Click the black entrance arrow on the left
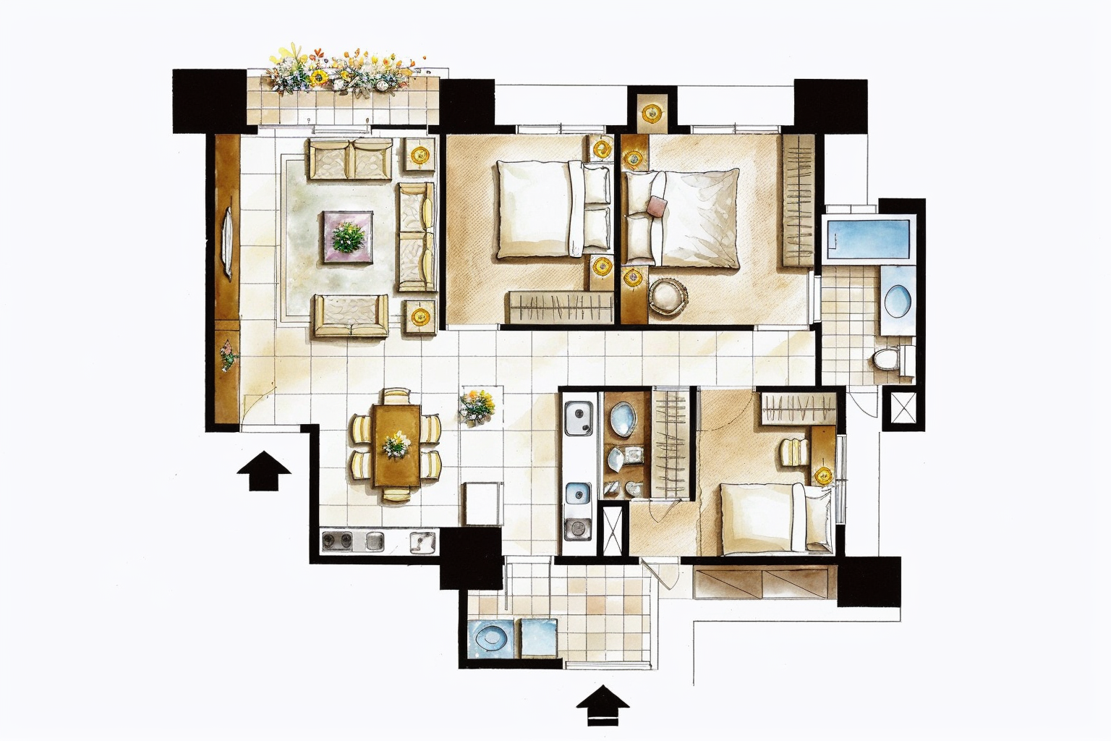coord(264,470)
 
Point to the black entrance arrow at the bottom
coord(603,706)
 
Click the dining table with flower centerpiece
coord(396,444)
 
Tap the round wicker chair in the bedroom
coord(668,296)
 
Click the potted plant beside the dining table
coord(477,405)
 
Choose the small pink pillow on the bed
coord(657,206)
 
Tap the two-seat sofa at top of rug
coord(351,159)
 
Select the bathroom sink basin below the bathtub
coord(897,298)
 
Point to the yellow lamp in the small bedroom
coord(822,475)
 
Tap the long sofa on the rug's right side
coord(417,237)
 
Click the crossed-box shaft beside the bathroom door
coord(903,408)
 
